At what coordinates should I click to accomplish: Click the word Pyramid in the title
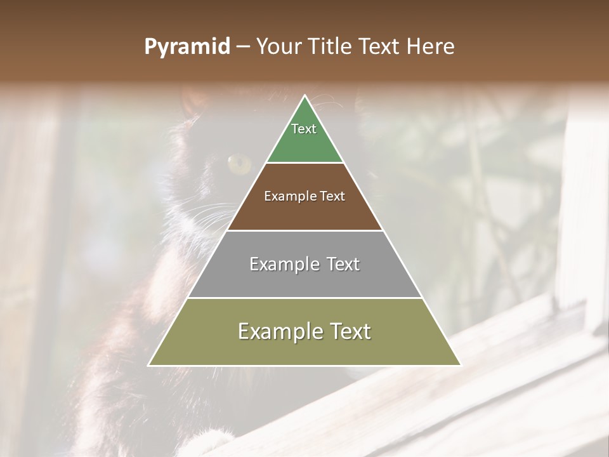click(187, 46)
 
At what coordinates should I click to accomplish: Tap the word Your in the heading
click(279, 46)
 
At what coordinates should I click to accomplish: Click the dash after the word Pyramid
click(242, 47)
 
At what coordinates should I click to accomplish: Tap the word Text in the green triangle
click(304, 129)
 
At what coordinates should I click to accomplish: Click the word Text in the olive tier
click(345, 331)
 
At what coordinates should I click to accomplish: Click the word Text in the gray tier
click(343, 264)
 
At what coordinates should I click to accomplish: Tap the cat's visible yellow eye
click(239, 164)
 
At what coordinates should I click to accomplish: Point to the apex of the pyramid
click(304, 96)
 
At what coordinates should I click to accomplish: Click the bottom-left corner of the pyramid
click(149, 365)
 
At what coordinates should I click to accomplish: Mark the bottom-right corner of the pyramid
click(460, 365)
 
